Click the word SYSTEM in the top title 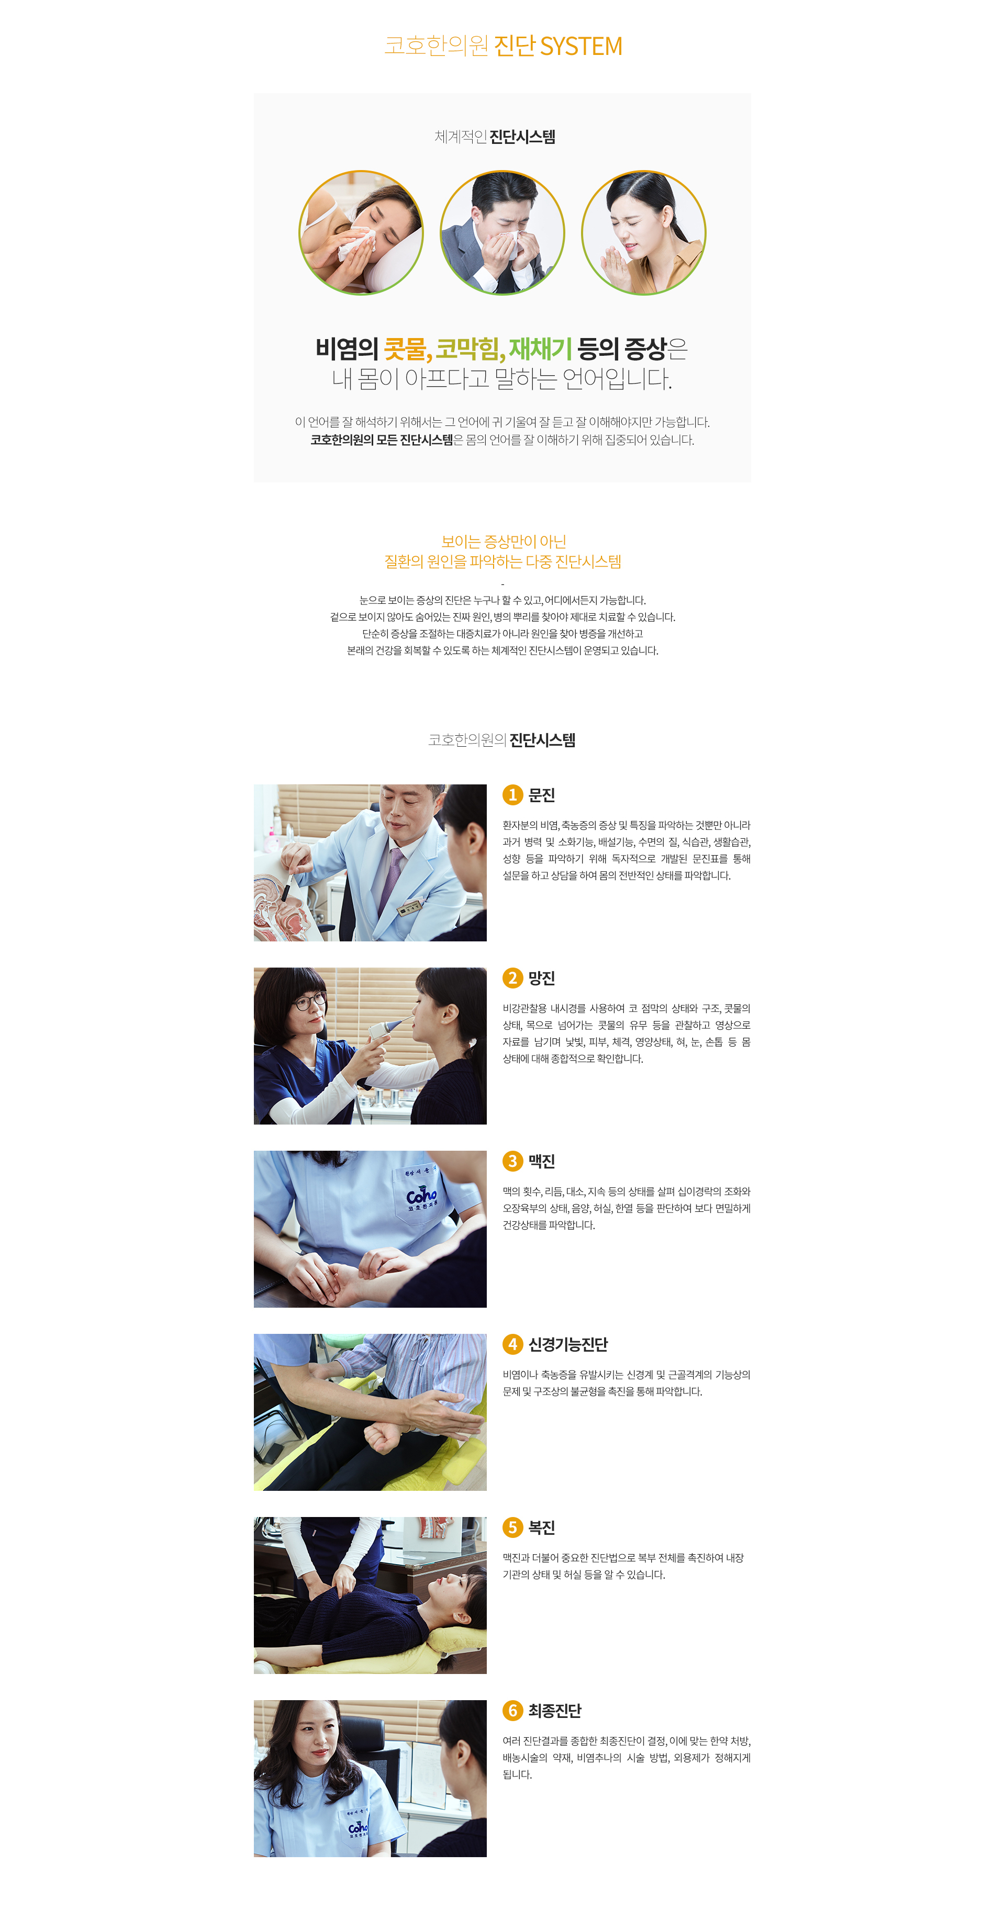580,46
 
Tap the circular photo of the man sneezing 502,233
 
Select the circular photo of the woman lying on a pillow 361,233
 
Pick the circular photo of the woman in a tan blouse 644,233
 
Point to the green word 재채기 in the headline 540,348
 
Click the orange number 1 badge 512,795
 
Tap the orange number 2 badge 512,978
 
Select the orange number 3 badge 512,1161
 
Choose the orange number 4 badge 512,1344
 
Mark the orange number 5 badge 512,1527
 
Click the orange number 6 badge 512,1711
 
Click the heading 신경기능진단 567,1344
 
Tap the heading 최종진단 555,1711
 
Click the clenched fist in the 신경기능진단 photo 383,1439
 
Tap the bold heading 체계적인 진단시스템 495,137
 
